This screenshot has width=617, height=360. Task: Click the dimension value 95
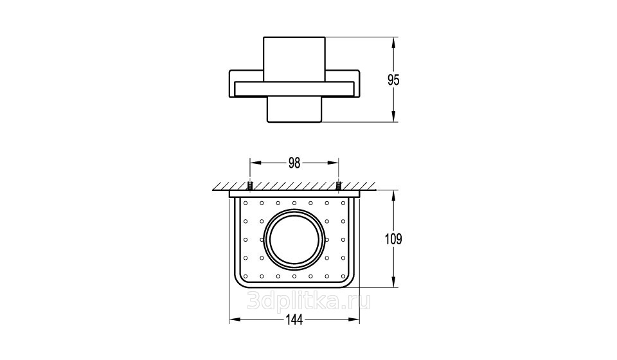pyautogui.click(x=393, y=80)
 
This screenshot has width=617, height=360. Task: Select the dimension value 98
pyautogui.click(x=294, y=163)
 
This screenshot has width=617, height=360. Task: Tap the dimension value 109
pyautogui.click(x=393, y=239)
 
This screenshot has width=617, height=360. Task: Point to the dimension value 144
pyautogui.click(x=294, y=320)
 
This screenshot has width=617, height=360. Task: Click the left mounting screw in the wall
pyautogui.click(x=250, y=186)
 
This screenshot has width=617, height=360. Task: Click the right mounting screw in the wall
pyautogui.click(x=339, y=186)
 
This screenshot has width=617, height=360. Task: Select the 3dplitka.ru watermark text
pyautogui.click(x=308, y=302)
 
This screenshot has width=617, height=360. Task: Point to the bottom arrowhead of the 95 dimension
pyautogui.click(x=393, y=116)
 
